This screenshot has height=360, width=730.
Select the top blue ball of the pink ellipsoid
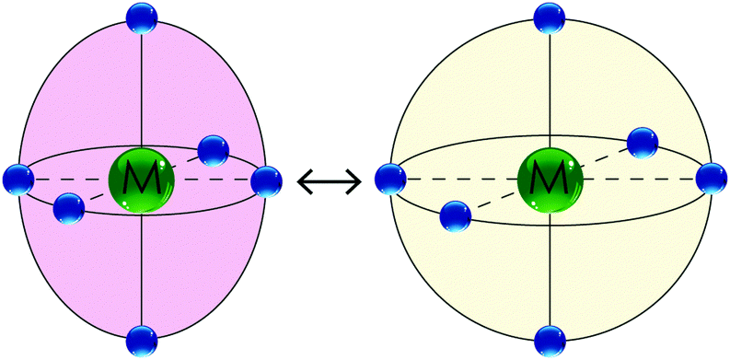tap(141, 17)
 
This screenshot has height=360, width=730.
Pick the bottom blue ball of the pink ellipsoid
tap(141, 340)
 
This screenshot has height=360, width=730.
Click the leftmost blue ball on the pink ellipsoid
tap(17, 178)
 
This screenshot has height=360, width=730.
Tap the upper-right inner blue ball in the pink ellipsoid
tap(213, 149)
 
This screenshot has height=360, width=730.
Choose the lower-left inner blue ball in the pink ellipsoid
tap(68, 208)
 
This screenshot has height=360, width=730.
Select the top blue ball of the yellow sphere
tap(550, 17)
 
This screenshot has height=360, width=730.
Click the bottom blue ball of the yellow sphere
tap(550, 340)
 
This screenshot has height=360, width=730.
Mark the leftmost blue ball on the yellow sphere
tap(389, 178)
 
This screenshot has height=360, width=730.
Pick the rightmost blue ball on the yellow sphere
tap(712, 178)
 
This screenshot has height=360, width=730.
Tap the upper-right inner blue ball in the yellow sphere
tap(643, 142)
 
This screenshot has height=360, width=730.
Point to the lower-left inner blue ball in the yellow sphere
tap(455, 216)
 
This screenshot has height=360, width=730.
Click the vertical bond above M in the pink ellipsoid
tap(141, 92)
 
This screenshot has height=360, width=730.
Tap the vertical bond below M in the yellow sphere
tap(550, 267)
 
